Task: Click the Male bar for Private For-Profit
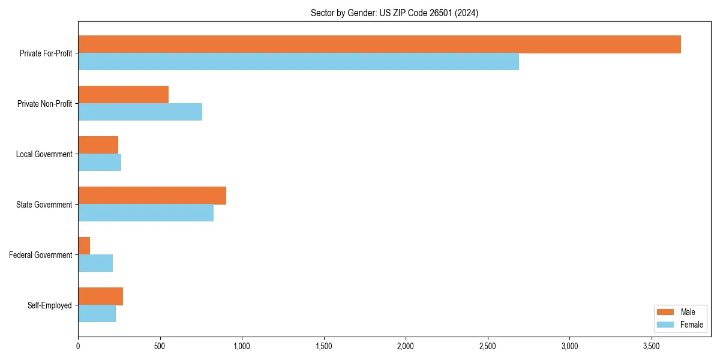point(379,44)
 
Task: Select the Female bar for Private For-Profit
point(298,62)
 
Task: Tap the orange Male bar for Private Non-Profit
point(123,95)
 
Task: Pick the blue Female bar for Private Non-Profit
point(140,112)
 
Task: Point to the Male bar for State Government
point(152,196)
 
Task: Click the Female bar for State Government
point(146,213)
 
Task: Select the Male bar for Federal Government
point(84,246)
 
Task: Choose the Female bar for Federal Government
point(95,263)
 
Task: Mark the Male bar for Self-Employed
point(100,296)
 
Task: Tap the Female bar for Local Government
point(100,163)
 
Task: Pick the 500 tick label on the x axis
point(160,346)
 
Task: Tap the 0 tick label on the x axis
point(78,346)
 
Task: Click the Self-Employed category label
point(50,305)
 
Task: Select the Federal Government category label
point(41,255)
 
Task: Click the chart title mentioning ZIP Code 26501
point(394,13)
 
